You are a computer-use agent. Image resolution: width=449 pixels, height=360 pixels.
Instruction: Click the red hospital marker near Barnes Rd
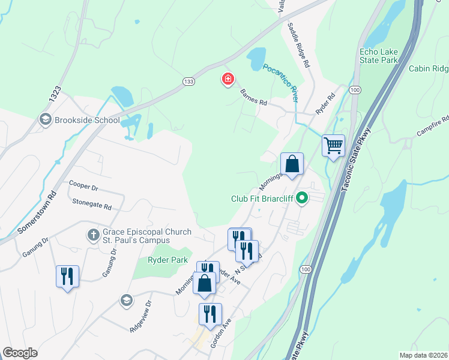[228, 79]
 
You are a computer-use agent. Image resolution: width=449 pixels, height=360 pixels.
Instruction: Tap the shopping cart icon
[333, 145]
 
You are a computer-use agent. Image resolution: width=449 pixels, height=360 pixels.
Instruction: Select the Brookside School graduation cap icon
[45, 120]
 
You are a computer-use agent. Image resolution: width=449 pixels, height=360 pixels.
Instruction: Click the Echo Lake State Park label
[379, 56]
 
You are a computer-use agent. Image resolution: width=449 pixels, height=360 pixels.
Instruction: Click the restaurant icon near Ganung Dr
[66, 276]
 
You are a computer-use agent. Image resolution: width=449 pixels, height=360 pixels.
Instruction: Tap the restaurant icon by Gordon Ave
[210, 314]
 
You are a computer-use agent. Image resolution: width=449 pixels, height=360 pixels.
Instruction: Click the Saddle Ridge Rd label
[298, 45]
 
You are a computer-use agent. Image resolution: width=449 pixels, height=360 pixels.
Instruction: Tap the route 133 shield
[188, 81]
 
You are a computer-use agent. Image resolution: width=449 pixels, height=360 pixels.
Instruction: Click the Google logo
[20, 353]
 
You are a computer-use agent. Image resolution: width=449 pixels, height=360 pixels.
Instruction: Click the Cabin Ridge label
[429, 68]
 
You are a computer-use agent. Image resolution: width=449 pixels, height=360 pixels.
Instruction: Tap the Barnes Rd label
[253, 98]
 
